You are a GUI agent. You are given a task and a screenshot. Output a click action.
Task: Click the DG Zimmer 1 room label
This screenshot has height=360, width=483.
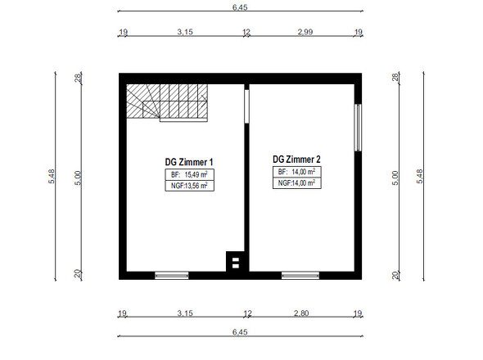tap(189, 162)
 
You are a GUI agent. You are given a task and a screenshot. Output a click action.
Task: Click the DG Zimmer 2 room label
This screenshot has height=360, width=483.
tap(296, 160)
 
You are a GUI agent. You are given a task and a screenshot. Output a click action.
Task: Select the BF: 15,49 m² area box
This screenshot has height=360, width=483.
tap(189, 174)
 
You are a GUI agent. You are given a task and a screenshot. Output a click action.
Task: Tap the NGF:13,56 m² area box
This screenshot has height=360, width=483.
tap(189, 186)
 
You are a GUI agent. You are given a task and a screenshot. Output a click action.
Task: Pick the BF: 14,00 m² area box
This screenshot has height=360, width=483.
tap(297, 172)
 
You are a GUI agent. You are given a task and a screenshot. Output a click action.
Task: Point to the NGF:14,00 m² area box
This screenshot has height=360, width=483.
tap(297, 183)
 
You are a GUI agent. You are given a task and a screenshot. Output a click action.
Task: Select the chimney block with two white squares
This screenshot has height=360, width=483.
tap(235, 262)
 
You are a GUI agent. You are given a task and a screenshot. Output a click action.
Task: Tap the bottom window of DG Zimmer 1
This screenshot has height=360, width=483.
tap(172, 275)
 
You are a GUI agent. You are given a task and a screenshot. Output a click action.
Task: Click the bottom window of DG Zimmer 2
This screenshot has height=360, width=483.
tap(300, 275)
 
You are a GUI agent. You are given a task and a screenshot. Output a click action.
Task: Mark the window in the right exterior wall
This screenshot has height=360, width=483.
tap(358, 128)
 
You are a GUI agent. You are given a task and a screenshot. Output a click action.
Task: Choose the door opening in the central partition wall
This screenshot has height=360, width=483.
tap(246, 106)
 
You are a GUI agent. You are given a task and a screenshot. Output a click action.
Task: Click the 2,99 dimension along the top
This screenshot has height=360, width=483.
tap(305, 32)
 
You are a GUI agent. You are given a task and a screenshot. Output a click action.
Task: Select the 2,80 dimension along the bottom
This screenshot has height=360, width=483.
tap(301, 313)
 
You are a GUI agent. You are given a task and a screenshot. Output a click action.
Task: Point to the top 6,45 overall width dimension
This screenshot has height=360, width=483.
tap(240, 7)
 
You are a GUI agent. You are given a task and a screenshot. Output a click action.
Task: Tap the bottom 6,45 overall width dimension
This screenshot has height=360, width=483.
tap(240, 332)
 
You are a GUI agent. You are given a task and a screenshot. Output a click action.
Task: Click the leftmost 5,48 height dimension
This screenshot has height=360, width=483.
tap(52, 177)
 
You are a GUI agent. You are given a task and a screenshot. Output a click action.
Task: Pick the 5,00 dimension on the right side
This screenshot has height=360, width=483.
tap(395, 178)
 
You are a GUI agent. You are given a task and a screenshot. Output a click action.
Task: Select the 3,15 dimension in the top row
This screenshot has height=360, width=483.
tap(185, 32)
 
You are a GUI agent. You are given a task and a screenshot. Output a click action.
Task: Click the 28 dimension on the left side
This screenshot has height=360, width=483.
tap(79, 77)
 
